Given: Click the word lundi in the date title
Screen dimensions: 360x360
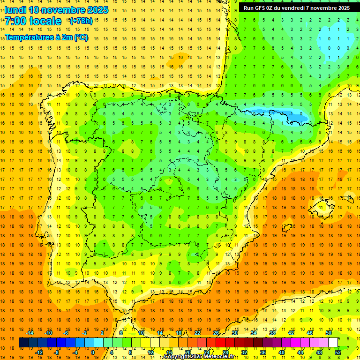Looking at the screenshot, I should pyautogui.click(x=15, y=10).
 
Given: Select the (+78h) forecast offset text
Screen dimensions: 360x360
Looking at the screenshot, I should pyautogui.click(x=81, y=21).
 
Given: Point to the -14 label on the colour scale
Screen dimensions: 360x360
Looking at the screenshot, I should pyautogui.click(x=30, y=332).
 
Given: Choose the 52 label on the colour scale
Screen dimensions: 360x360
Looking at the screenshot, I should pyautogui.click(x=338, y=352).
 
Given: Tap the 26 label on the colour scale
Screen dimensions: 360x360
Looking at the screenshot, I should pyautogui.click(x=216, y=332).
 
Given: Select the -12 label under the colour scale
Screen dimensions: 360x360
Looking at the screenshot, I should pyautogui.click(x=39, y=352).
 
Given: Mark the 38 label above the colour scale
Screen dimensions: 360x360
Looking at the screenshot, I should pyautogui.click(x=272, y=332).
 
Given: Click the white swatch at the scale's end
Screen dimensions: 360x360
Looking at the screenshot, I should pyautogui.click(x=333, y=343).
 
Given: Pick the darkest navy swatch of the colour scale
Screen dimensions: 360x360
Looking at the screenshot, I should pyautogui.click(x=23, y=343).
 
